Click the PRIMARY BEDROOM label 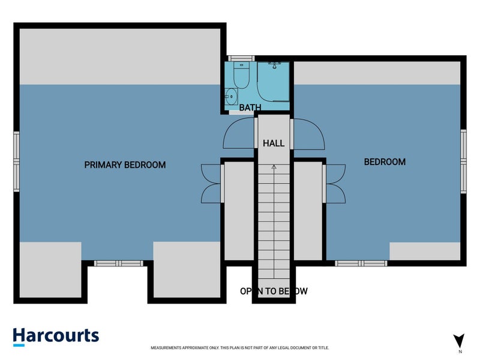coord(125,165)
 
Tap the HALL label coord(274,143)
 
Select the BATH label coord(250,107)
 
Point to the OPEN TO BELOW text coord(274,291)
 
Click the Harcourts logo coord(56,337)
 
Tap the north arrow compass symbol coord(459,341)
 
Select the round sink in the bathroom coord(231,97)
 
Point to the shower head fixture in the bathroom coord(275,65)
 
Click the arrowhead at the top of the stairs coord(274,167)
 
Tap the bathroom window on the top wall coord(241,58)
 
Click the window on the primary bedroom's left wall coord(16,161)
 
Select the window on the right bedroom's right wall coord(463,161)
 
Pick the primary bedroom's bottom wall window coord(118,263)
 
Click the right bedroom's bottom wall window coord(361,263)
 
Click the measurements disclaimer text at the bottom coord(239,348)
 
